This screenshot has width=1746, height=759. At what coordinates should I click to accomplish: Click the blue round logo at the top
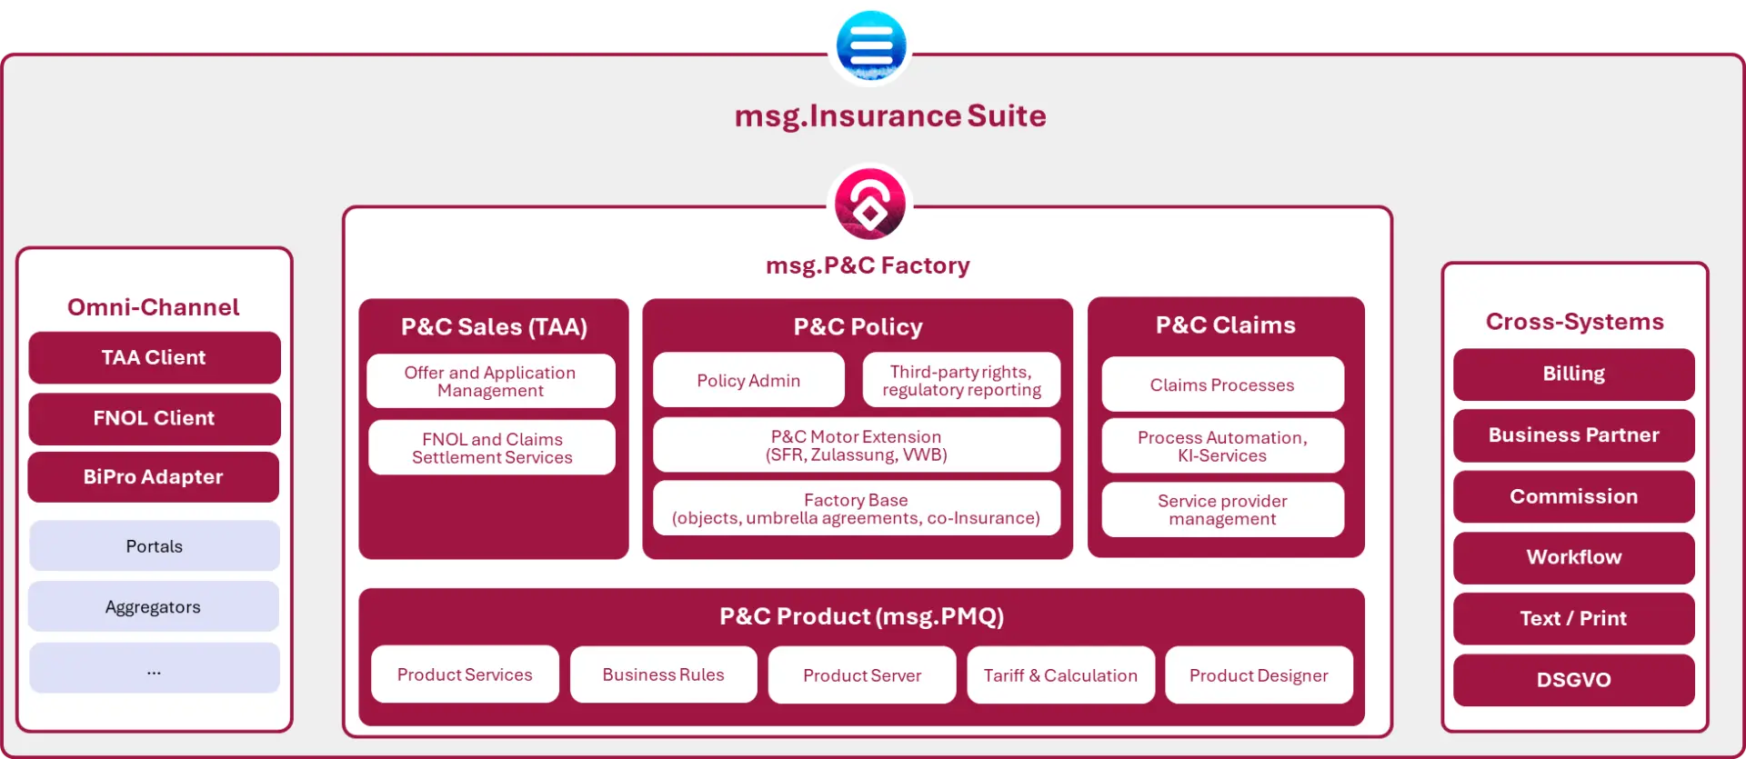point(870,44)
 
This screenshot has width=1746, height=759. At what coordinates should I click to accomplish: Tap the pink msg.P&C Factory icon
point(870,205)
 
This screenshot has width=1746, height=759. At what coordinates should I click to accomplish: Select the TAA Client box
point(154,357)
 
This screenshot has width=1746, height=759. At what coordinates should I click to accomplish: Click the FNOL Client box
point(154,418)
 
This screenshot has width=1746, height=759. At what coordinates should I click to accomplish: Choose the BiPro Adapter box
point(154,477)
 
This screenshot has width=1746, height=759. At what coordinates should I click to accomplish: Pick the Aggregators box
point(154,607)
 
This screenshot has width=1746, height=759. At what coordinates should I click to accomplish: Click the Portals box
point(154,546)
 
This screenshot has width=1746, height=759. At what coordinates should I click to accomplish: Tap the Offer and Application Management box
point(490,381)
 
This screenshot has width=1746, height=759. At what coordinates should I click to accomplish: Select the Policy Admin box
point(748,380)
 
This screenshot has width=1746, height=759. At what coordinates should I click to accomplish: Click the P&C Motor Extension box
point(856,445)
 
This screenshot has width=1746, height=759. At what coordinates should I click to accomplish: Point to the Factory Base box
point(856,509)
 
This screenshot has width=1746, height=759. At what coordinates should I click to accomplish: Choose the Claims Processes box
point(1222,384)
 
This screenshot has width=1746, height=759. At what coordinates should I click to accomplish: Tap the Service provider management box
point(1222,510)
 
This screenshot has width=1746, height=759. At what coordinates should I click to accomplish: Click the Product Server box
point(861,675)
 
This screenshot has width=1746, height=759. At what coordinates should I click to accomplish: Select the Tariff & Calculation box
point(1060,675)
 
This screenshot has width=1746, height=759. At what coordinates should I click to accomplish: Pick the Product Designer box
point(1259,675)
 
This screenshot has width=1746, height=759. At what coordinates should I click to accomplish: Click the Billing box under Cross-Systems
point(1573,374)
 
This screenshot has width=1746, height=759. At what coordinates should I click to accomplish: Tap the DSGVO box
point(1573,680)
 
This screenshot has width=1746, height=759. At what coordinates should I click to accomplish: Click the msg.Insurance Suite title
point(890,116)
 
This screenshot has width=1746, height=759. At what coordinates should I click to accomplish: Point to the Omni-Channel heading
point(154,307)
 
